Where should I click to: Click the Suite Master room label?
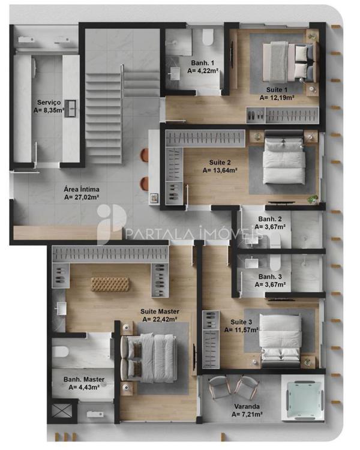click(160, 311)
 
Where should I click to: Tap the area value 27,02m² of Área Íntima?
click(82, 197)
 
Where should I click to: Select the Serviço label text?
click(49, 103)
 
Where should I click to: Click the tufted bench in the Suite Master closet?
click(110, 284)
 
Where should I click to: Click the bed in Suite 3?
click(280, 340)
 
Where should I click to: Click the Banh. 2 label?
click(270, 219)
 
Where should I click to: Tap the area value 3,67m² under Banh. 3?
click(270, 284)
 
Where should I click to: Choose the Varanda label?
click(247, 406)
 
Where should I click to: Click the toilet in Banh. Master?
click(60, 352)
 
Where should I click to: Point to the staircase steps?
click(104, 118)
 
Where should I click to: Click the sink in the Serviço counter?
click(70, 109)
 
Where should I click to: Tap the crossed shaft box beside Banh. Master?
click(62, 411)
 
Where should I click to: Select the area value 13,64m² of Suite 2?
click(220, 170)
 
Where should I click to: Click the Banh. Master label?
click(84, 379)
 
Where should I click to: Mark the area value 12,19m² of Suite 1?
click(277, 98)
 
